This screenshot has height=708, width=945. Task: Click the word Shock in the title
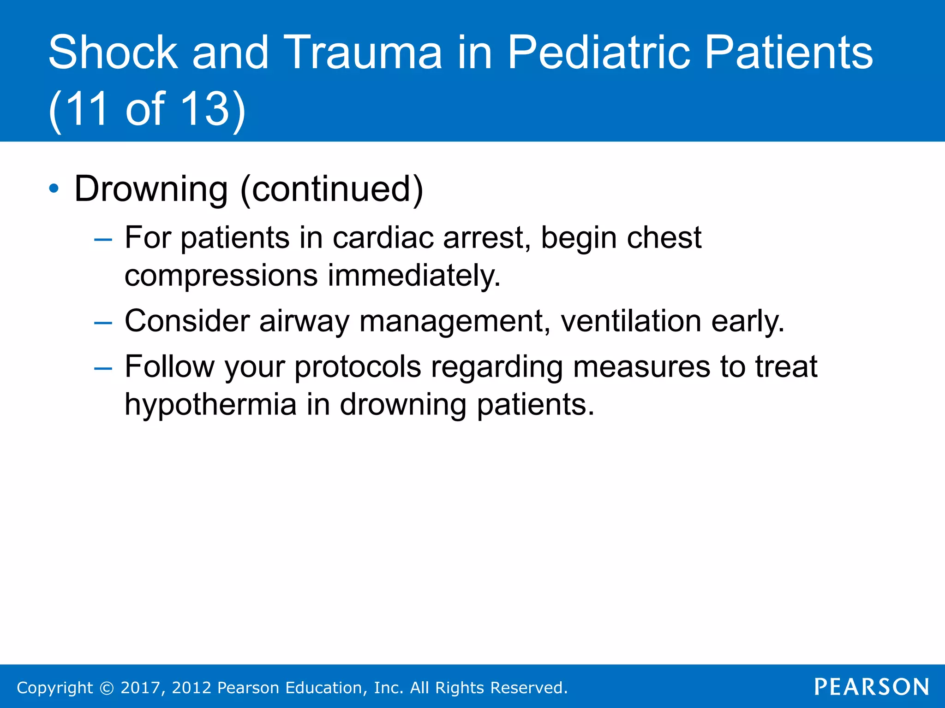[x=113, y=53]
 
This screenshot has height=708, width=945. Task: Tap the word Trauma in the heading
[x=363, y=53]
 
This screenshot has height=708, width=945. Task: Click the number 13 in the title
[x=205, y=109]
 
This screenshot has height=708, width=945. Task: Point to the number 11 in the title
[x=88, y=109]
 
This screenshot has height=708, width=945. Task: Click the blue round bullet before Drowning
[x=54, y=189]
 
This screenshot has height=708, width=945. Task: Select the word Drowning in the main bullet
[x=151, y=189]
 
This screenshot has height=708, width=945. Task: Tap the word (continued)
[x=331, y=189]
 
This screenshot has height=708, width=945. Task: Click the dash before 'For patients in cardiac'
[x=103, y=240]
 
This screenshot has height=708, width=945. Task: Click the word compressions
[x=221, y=276]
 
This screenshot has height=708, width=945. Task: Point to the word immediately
[x=414, y=276]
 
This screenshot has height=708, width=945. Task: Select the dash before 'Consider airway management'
[x=103, y=323]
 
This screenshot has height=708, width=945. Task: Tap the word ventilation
[x=631, y=321]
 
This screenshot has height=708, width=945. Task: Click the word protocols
[x=358, y=367]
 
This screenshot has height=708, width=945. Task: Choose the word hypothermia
[x=210, y=405]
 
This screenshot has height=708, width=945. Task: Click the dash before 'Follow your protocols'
[x=103, y=369]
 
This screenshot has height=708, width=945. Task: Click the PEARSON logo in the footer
[x=871, y=687]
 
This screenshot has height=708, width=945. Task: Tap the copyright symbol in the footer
[x=107, y=688]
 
